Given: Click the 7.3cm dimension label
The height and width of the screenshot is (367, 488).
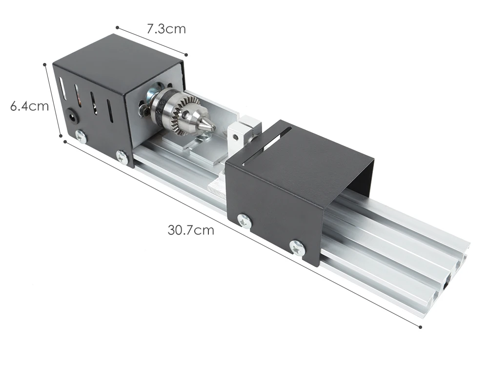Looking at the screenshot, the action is click(x=166, y=29).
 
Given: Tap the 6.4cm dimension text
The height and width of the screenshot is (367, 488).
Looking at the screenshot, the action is click(x=30, y=106).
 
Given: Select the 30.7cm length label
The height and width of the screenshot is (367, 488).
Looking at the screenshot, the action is click(x=191, y=230).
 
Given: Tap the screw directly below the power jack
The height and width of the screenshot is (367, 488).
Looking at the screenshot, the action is click(x=81, y=136).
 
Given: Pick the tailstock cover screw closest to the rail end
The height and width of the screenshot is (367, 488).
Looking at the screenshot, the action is click(x=298, y=248).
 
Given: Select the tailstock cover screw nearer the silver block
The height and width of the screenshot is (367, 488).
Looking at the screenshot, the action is click(x=244, y=222).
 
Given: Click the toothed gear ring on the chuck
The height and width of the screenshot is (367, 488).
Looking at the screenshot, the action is click(x=185, y=115).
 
